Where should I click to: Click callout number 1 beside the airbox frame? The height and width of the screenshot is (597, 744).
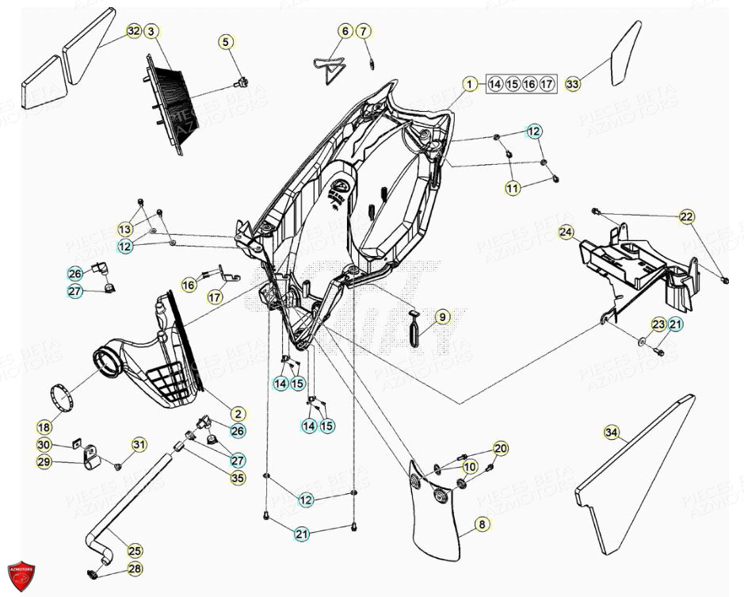469,83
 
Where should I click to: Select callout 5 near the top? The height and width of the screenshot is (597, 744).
227,41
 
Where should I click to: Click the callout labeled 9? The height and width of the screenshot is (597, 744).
442,317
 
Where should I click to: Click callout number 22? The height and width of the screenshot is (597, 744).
686,216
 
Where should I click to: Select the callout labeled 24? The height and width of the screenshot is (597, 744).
566,232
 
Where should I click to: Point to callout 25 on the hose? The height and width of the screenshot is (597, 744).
135,550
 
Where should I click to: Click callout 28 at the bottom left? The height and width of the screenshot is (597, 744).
135,569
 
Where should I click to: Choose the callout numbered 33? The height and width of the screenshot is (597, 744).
573,83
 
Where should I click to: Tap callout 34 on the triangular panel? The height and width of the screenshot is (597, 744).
610,433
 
